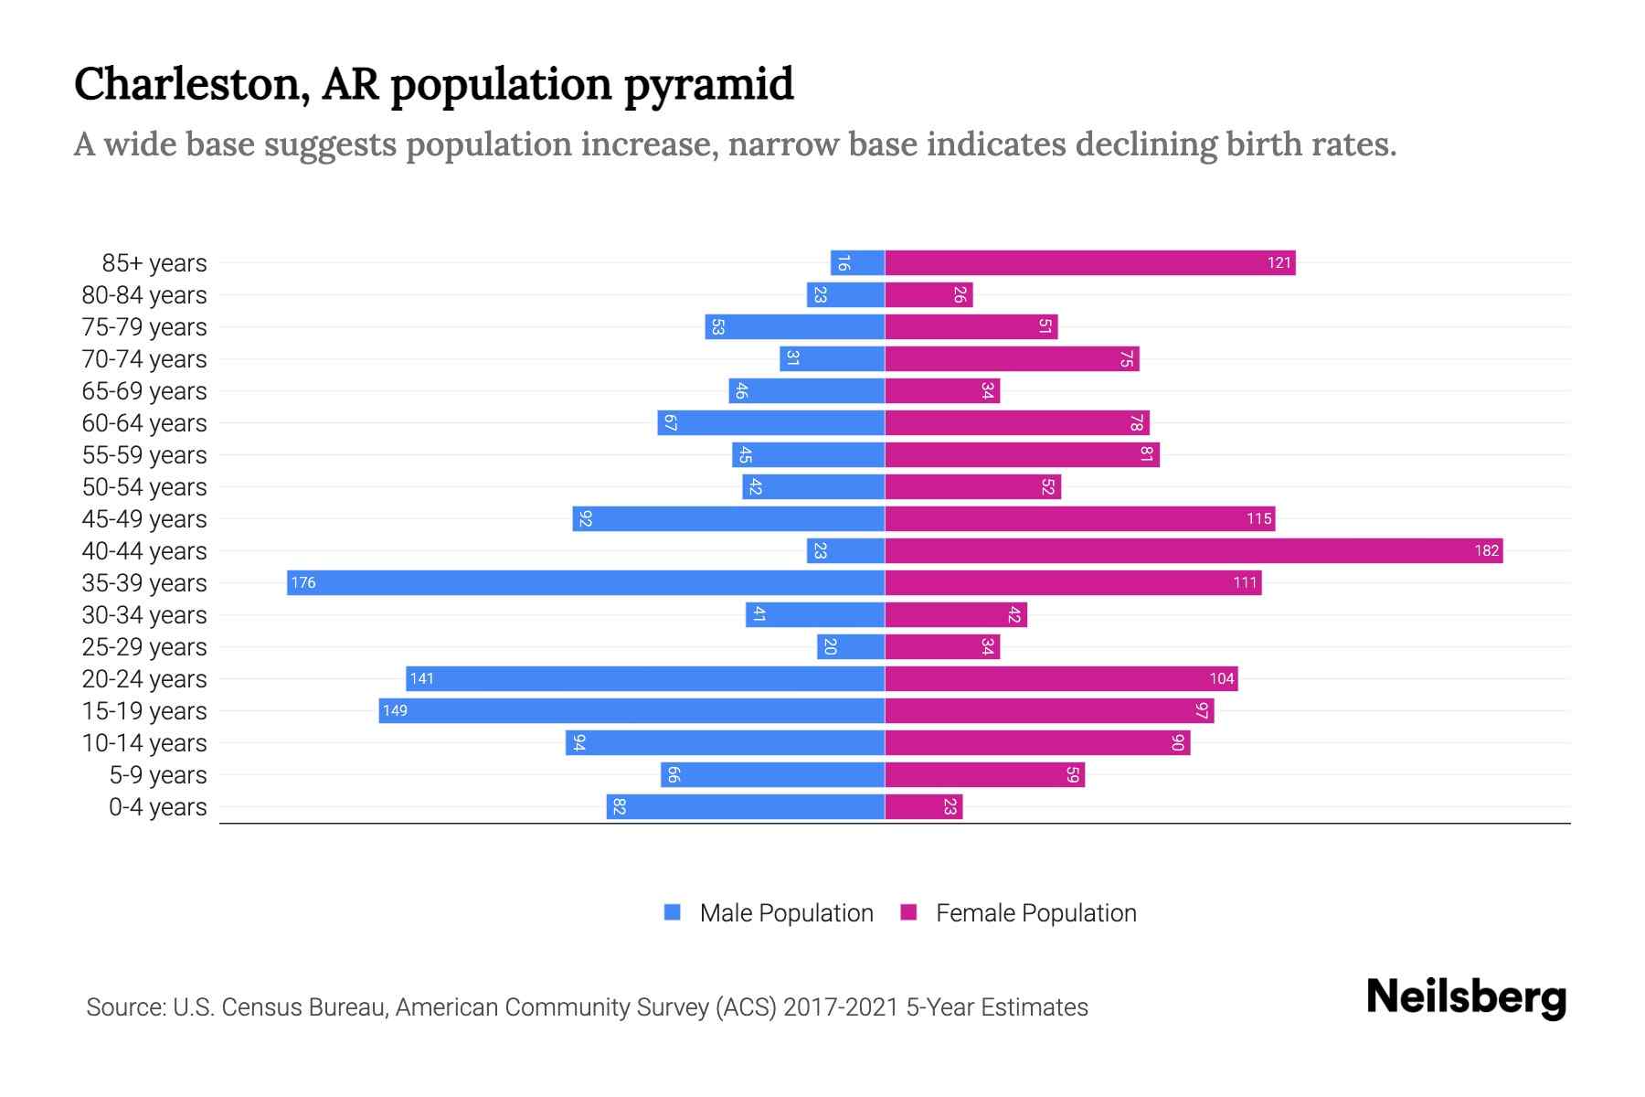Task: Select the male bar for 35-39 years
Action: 585,582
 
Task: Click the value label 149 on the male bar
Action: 395,710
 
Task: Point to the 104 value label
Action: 1221,678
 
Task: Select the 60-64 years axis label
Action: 144,423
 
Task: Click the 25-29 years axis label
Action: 144,647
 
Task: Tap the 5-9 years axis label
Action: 157,775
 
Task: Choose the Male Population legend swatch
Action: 673,912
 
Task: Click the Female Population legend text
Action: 1035,912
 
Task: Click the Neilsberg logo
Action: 1466,997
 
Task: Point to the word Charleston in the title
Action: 186,84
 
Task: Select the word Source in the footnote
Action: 124,1007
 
